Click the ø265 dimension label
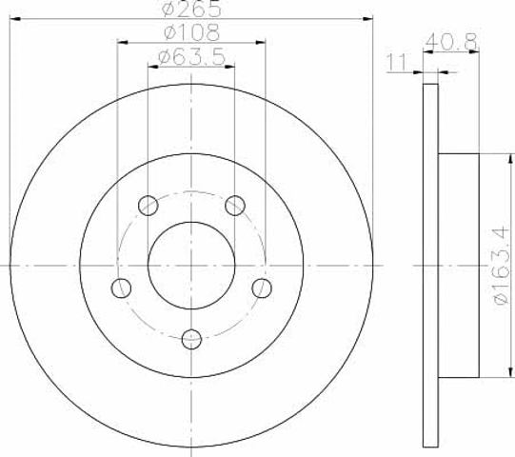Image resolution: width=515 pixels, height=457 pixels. [x=191, y=10]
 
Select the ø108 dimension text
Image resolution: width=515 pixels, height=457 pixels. [x=191, y=32]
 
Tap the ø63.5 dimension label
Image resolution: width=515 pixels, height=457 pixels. [x=191, y=56]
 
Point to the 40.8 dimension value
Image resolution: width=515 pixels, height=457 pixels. [x=451, y=41]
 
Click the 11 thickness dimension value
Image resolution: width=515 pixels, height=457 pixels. [x=397, y=63]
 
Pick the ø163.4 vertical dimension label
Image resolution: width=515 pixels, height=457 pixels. [x=503, y=267]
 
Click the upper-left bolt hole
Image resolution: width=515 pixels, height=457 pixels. [x=149, y=206]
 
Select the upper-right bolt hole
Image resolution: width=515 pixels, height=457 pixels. [x=235, y=206]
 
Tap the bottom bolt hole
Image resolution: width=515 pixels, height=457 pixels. [x=191, y=339]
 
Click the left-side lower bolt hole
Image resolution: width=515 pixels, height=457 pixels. [x=121, y=288]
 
